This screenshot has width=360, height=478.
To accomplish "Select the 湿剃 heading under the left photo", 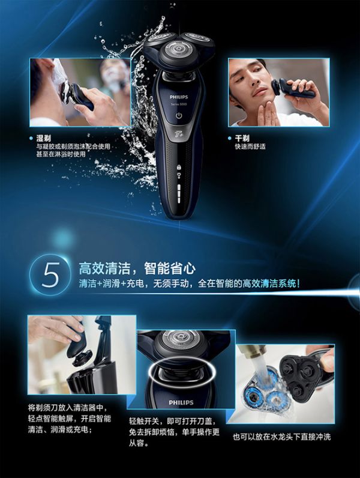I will (x=44, y=138).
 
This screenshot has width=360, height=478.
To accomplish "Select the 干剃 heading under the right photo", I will (x=242, y=138).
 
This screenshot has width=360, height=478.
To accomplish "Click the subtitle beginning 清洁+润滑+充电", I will (x=189, y=283).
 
